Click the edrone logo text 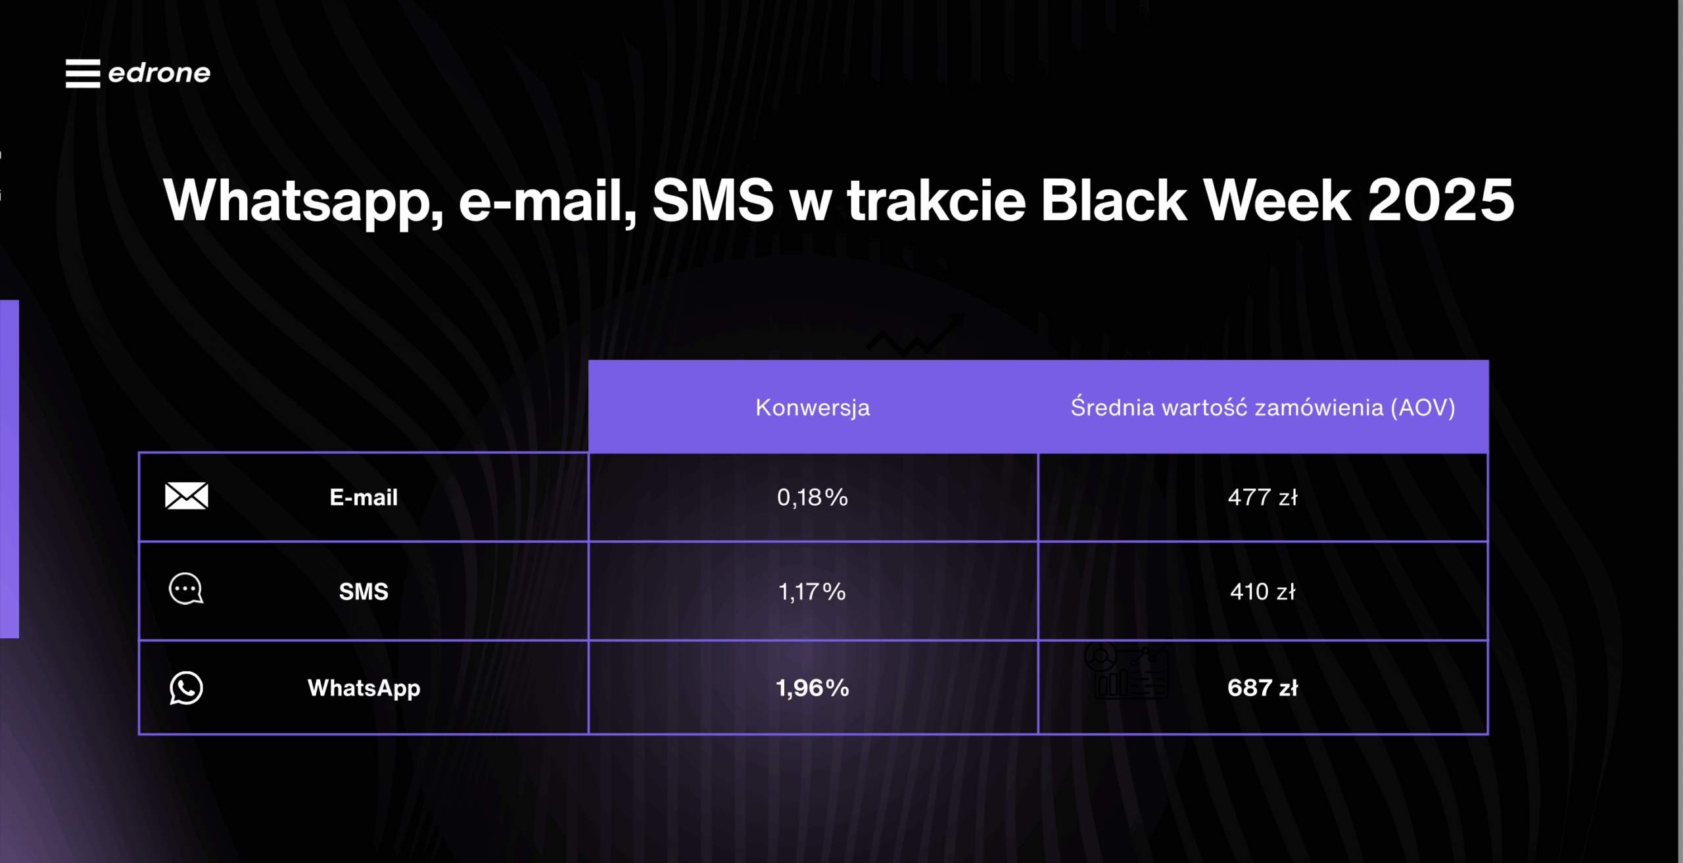(x=159, y=73)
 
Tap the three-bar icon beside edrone (x=83, y=73)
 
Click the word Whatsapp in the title (x=303, y=200)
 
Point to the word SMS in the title (x=713, y=200)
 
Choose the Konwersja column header (x=813, y=408)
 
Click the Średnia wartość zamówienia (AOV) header (x=1262, y=408)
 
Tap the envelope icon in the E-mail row (x=187, y=496)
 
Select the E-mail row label (x=364, y=498)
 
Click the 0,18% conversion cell (x=813, y=498)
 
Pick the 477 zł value (x=1262, y=498)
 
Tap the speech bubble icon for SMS (x=186, y=589)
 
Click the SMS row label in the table (x=364, y=592)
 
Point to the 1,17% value (x=813, y=592)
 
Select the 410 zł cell (x=1262, y=592)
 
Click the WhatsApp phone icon (x=186, y=688)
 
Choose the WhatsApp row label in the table (x=364, y=688)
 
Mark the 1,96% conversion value (x=813, y=688)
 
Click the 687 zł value (x=1262, y=688)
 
